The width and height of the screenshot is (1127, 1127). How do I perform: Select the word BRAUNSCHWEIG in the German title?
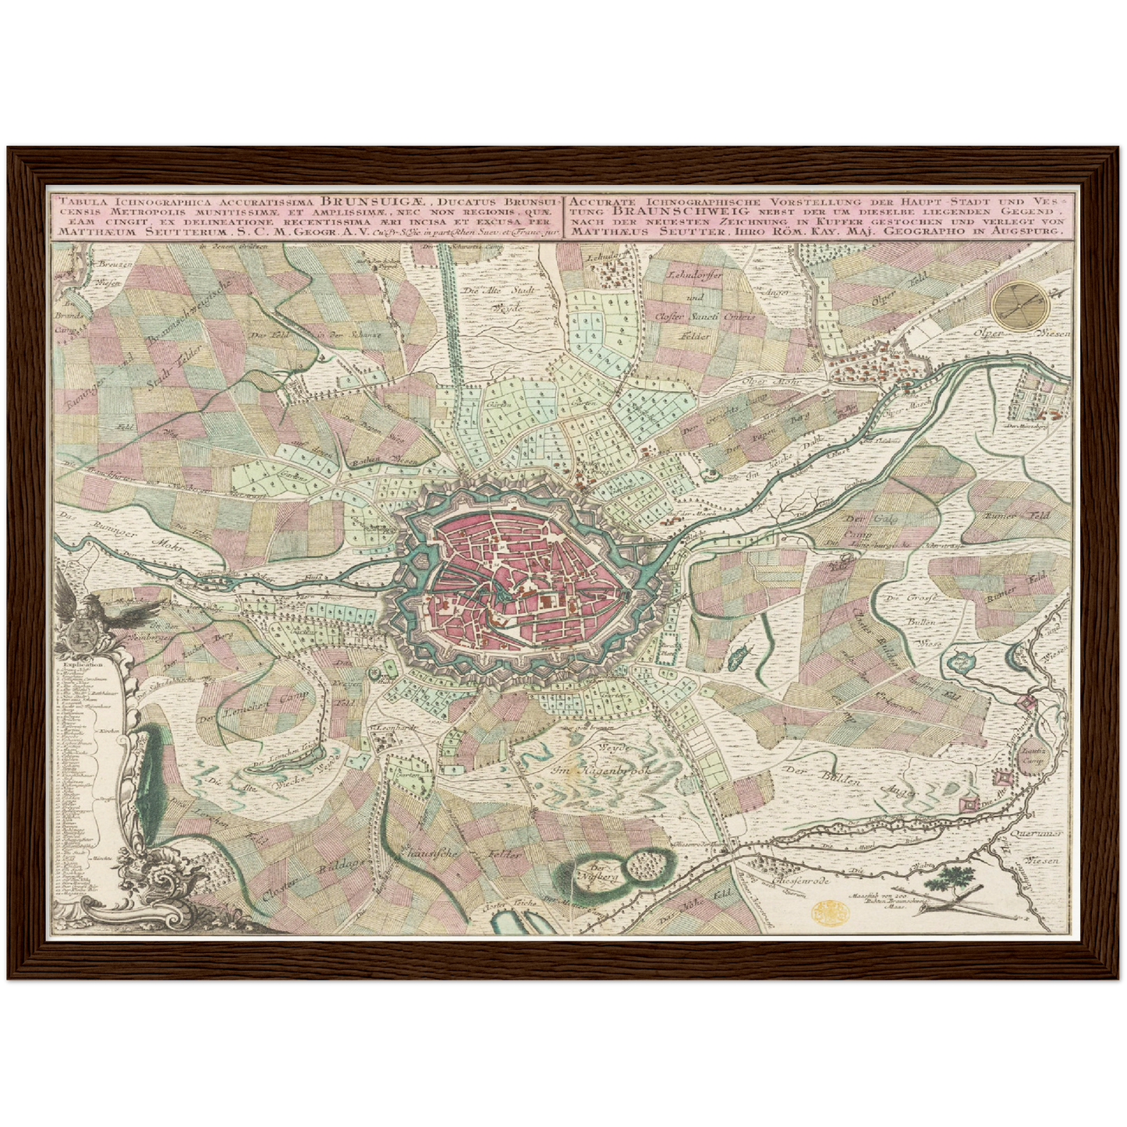(x=671, y=210)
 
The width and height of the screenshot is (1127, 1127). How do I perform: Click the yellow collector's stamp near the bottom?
(x=827, y=911)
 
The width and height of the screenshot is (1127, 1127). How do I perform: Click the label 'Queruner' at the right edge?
(x=1040, y=834)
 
